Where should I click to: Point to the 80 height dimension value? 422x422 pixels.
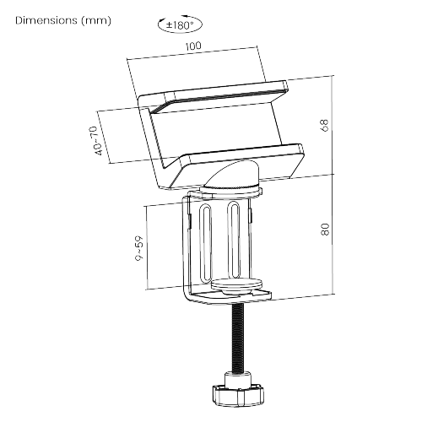324,230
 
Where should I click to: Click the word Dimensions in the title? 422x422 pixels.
46,19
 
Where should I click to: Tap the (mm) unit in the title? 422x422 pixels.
94,19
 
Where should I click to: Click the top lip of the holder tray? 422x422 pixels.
224,93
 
